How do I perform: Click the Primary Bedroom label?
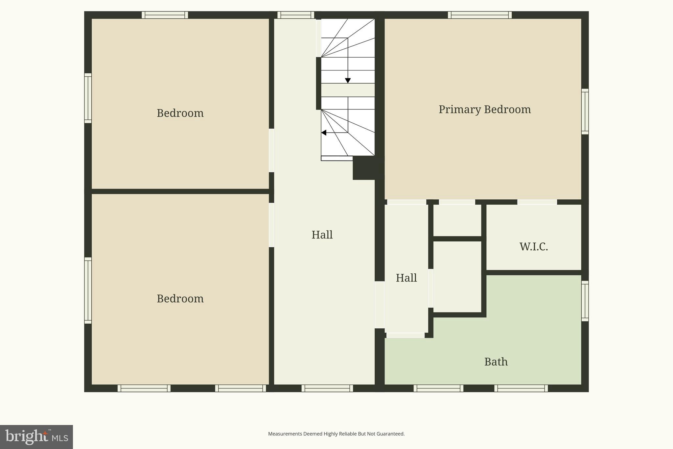click(484, 110)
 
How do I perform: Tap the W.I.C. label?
click(533, 247)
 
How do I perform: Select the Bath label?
click(496, 362)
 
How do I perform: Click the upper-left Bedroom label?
click(180, 113)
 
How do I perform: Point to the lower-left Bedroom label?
click(180, 299)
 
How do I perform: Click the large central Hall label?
click(322, 235)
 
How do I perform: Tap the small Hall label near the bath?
click(406, 278)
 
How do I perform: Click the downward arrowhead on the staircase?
click(348, 81)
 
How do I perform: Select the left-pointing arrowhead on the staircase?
click(324, 133)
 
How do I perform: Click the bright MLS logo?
click(36, 437)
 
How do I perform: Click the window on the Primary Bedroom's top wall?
click(480, 15)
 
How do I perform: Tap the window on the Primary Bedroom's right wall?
click(585, 112)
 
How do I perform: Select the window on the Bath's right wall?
click(585, 301)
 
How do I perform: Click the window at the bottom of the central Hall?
click(327, 388)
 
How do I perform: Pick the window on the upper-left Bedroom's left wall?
click(88, 98)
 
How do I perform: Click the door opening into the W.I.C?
click(537, 202)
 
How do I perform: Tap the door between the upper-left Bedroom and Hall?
click(271, 150)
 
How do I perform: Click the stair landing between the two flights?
click(348, 90)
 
